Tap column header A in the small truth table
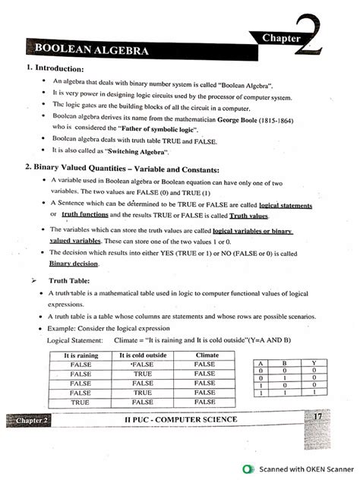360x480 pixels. pos(261,365)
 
